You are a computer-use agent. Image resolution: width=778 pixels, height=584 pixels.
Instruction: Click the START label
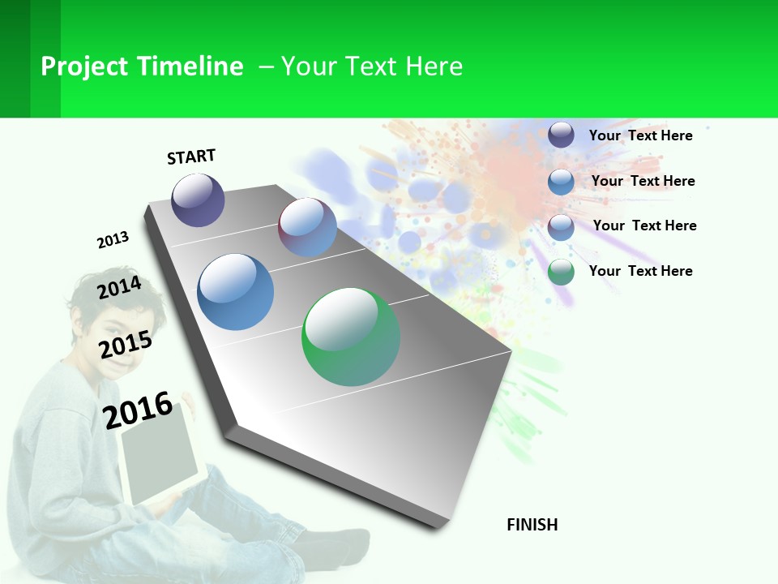pos(191,157)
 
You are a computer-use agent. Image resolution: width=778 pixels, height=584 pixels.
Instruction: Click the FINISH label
pos(532,525)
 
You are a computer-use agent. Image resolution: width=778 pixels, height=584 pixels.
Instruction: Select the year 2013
pos(113,240)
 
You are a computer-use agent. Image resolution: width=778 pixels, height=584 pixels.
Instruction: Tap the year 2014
pos(119,288)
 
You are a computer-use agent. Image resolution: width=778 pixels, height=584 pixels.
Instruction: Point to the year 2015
pos(125,345)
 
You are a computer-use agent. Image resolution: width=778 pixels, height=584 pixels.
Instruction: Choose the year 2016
pos(138,410)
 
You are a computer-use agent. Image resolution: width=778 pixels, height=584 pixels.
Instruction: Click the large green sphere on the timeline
pos(351,337)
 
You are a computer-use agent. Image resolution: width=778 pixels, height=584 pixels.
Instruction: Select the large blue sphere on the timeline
pos(236,292)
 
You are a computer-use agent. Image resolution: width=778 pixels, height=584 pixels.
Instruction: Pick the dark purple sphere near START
pos(198,200)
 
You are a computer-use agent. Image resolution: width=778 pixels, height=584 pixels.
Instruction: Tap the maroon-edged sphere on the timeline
pos(307,227)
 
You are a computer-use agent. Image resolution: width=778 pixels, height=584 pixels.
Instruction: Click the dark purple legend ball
pos(561,135)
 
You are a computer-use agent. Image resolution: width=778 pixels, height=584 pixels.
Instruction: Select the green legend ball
pos(561,272)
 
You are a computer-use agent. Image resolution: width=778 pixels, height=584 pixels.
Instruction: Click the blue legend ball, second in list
pos(561,181)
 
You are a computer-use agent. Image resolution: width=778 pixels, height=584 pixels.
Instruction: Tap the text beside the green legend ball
pos(640,271)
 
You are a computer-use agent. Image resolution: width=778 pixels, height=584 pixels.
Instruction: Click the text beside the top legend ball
pos(640,135)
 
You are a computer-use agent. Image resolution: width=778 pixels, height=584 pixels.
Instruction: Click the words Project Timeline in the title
pos(142,67)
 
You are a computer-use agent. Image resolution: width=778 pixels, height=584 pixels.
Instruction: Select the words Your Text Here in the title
pos(372,67)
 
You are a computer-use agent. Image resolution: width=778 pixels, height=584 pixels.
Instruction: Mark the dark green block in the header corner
pos(29,58)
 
